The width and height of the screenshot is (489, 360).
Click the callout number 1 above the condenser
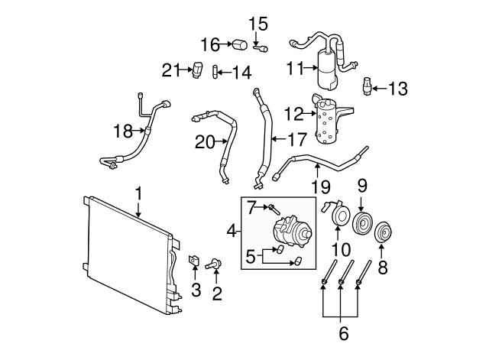point(139,193)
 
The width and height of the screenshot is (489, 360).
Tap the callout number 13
point(397,89)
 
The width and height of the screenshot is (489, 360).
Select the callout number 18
point(123,131)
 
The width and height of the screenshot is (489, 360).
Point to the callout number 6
point(343,333)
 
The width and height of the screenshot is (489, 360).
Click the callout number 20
point(205,142)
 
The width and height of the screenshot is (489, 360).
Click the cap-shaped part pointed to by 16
point(240,44)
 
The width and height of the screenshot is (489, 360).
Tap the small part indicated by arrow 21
point(197,70)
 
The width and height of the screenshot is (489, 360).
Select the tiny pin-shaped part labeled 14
point(215,72)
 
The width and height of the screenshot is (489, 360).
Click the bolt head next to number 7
point(274,209)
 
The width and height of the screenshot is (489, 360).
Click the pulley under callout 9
point(362,224)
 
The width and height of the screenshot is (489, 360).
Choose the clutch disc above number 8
point(383,232)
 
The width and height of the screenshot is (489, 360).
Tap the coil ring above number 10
point(338,215)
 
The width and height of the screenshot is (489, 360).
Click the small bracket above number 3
point(194,261)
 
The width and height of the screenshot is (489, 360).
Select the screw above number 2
point(214,265)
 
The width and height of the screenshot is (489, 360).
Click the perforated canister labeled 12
point(329,120)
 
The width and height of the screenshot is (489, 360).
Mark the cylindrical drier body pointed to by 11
point(326,69)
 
